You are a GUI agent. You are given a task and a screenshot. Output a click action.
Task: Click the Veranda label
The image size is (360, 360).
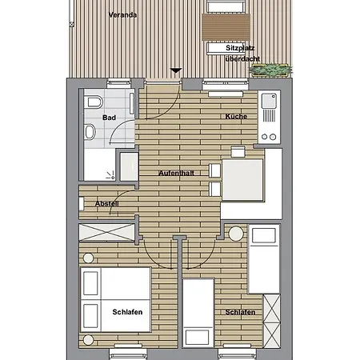[x=124, y=15]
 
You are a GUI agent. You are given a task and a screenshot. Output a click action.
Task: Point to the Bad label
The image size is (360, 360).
[x=109, y=118]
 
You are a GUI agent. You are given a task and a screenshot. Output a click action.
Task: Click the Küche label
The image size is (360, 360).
[x=236, y=117]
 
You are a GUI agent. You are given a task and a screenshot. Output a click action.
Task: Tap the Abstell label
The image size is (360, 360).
[x=107, y=204]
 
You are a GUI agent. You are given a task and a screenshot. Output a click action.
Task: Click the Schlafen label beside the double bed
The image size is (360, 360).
[x=127, y=312]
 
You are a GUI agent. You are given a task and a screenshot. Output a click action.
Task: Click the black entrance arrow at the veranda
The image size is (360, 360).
[x=176, y=71]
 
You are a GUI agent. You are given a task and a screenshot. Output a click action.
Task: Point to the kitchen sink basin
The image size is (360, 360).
[x=269, y=102]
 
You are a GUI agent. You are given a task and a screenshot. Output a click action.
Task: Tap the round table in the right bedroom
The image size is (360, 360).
[x=234, y=235]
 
